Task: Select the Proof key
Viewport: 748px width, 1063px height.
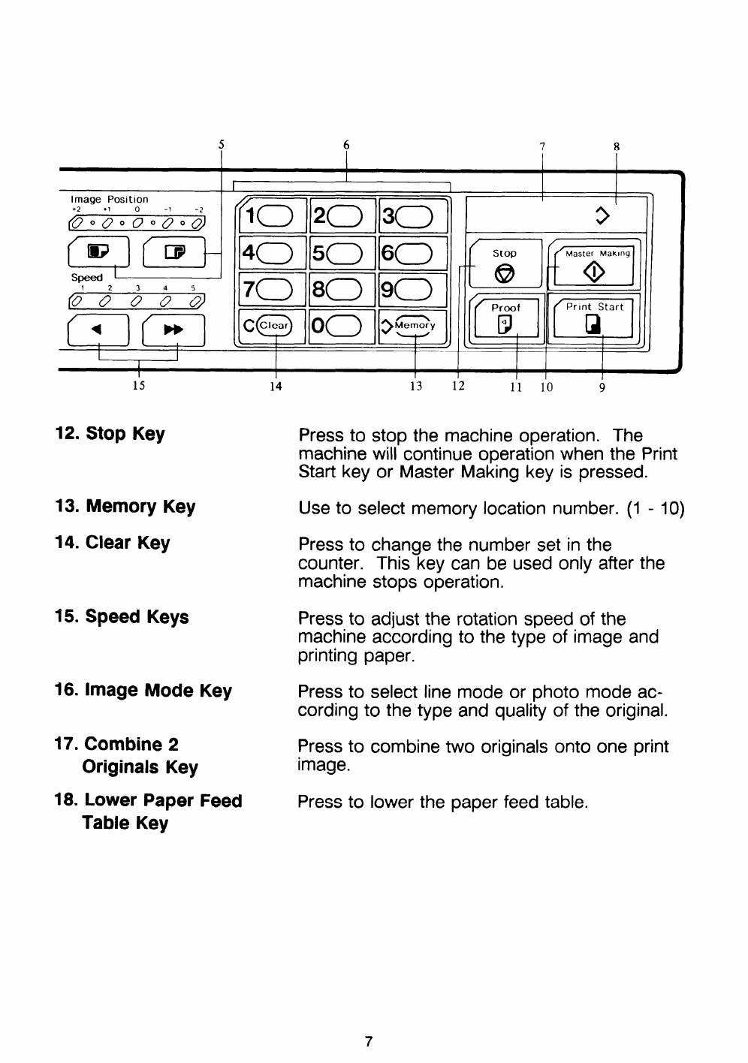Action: (x=505, y=318)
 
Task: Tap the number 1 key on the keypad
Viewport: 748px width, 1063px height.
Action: (x=270, y=216)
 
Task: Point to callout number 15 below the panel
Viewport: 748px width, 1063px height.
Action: (x=137, y=386)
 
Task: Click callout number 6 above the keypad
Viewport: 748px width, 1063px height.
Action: (x=346, y=145)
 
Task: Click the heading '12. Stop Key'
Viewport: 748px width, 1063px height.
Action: (x=110, y=434)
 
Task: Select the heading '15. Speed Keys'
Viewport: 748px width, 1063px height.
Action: (x=122, y=617)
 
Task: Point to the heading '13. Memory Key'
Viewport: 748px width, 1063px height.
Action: (x=125, y=507)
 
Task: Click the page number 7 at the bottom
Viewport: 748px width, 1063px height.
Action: (x=368, y=1041)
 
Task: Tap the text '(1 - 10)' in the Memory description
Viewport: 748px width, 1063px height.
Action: (x=655, y=508)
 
